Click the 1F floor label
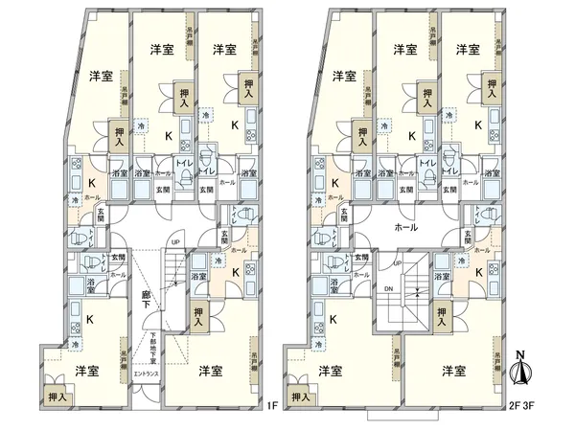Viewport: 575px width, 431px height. pyautogui.click(x=271, y=406)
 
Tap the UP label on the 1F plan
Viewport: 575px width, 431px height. pyautogui.click(x=174, y=241)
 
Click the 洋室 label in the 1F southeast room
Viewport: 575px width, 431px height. pyautogui.click(x=212, y=369)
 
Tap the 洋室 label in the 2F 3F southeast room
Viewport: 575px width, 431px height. pyautogui.click(x=454, y=369)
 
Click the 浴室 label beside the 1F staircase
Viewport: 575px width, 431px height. pyautogui.click(x=199, y=277)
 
